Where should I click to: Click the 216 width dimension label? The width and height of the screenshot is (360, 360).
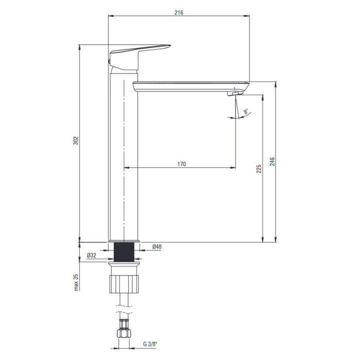tap(178, 12)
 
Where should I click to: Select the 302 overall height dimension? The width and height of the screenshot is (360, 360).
tap(76, 140)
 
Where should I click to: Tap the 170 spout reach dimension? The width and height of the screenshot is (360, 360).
tap(181, 164)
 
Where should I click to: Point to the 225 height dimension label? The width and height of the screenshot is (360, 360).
tap(259, 169)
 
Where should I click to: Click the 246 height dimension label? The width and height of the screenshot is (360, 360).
tap(272, 161)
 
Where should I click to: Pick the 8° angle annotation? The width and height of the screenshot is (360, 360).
tap(246, 111)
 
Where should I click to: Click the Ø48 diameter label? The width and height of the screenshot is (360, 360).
tap(157, 247)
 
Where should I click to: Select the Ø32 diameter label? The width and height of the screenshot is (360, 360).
tap(91, 255)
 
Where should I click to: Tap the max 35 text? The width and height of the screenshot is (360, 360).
tap(76, 282)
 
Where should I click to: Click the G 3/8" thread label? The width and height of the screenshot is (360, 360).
tap(150, 344)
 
